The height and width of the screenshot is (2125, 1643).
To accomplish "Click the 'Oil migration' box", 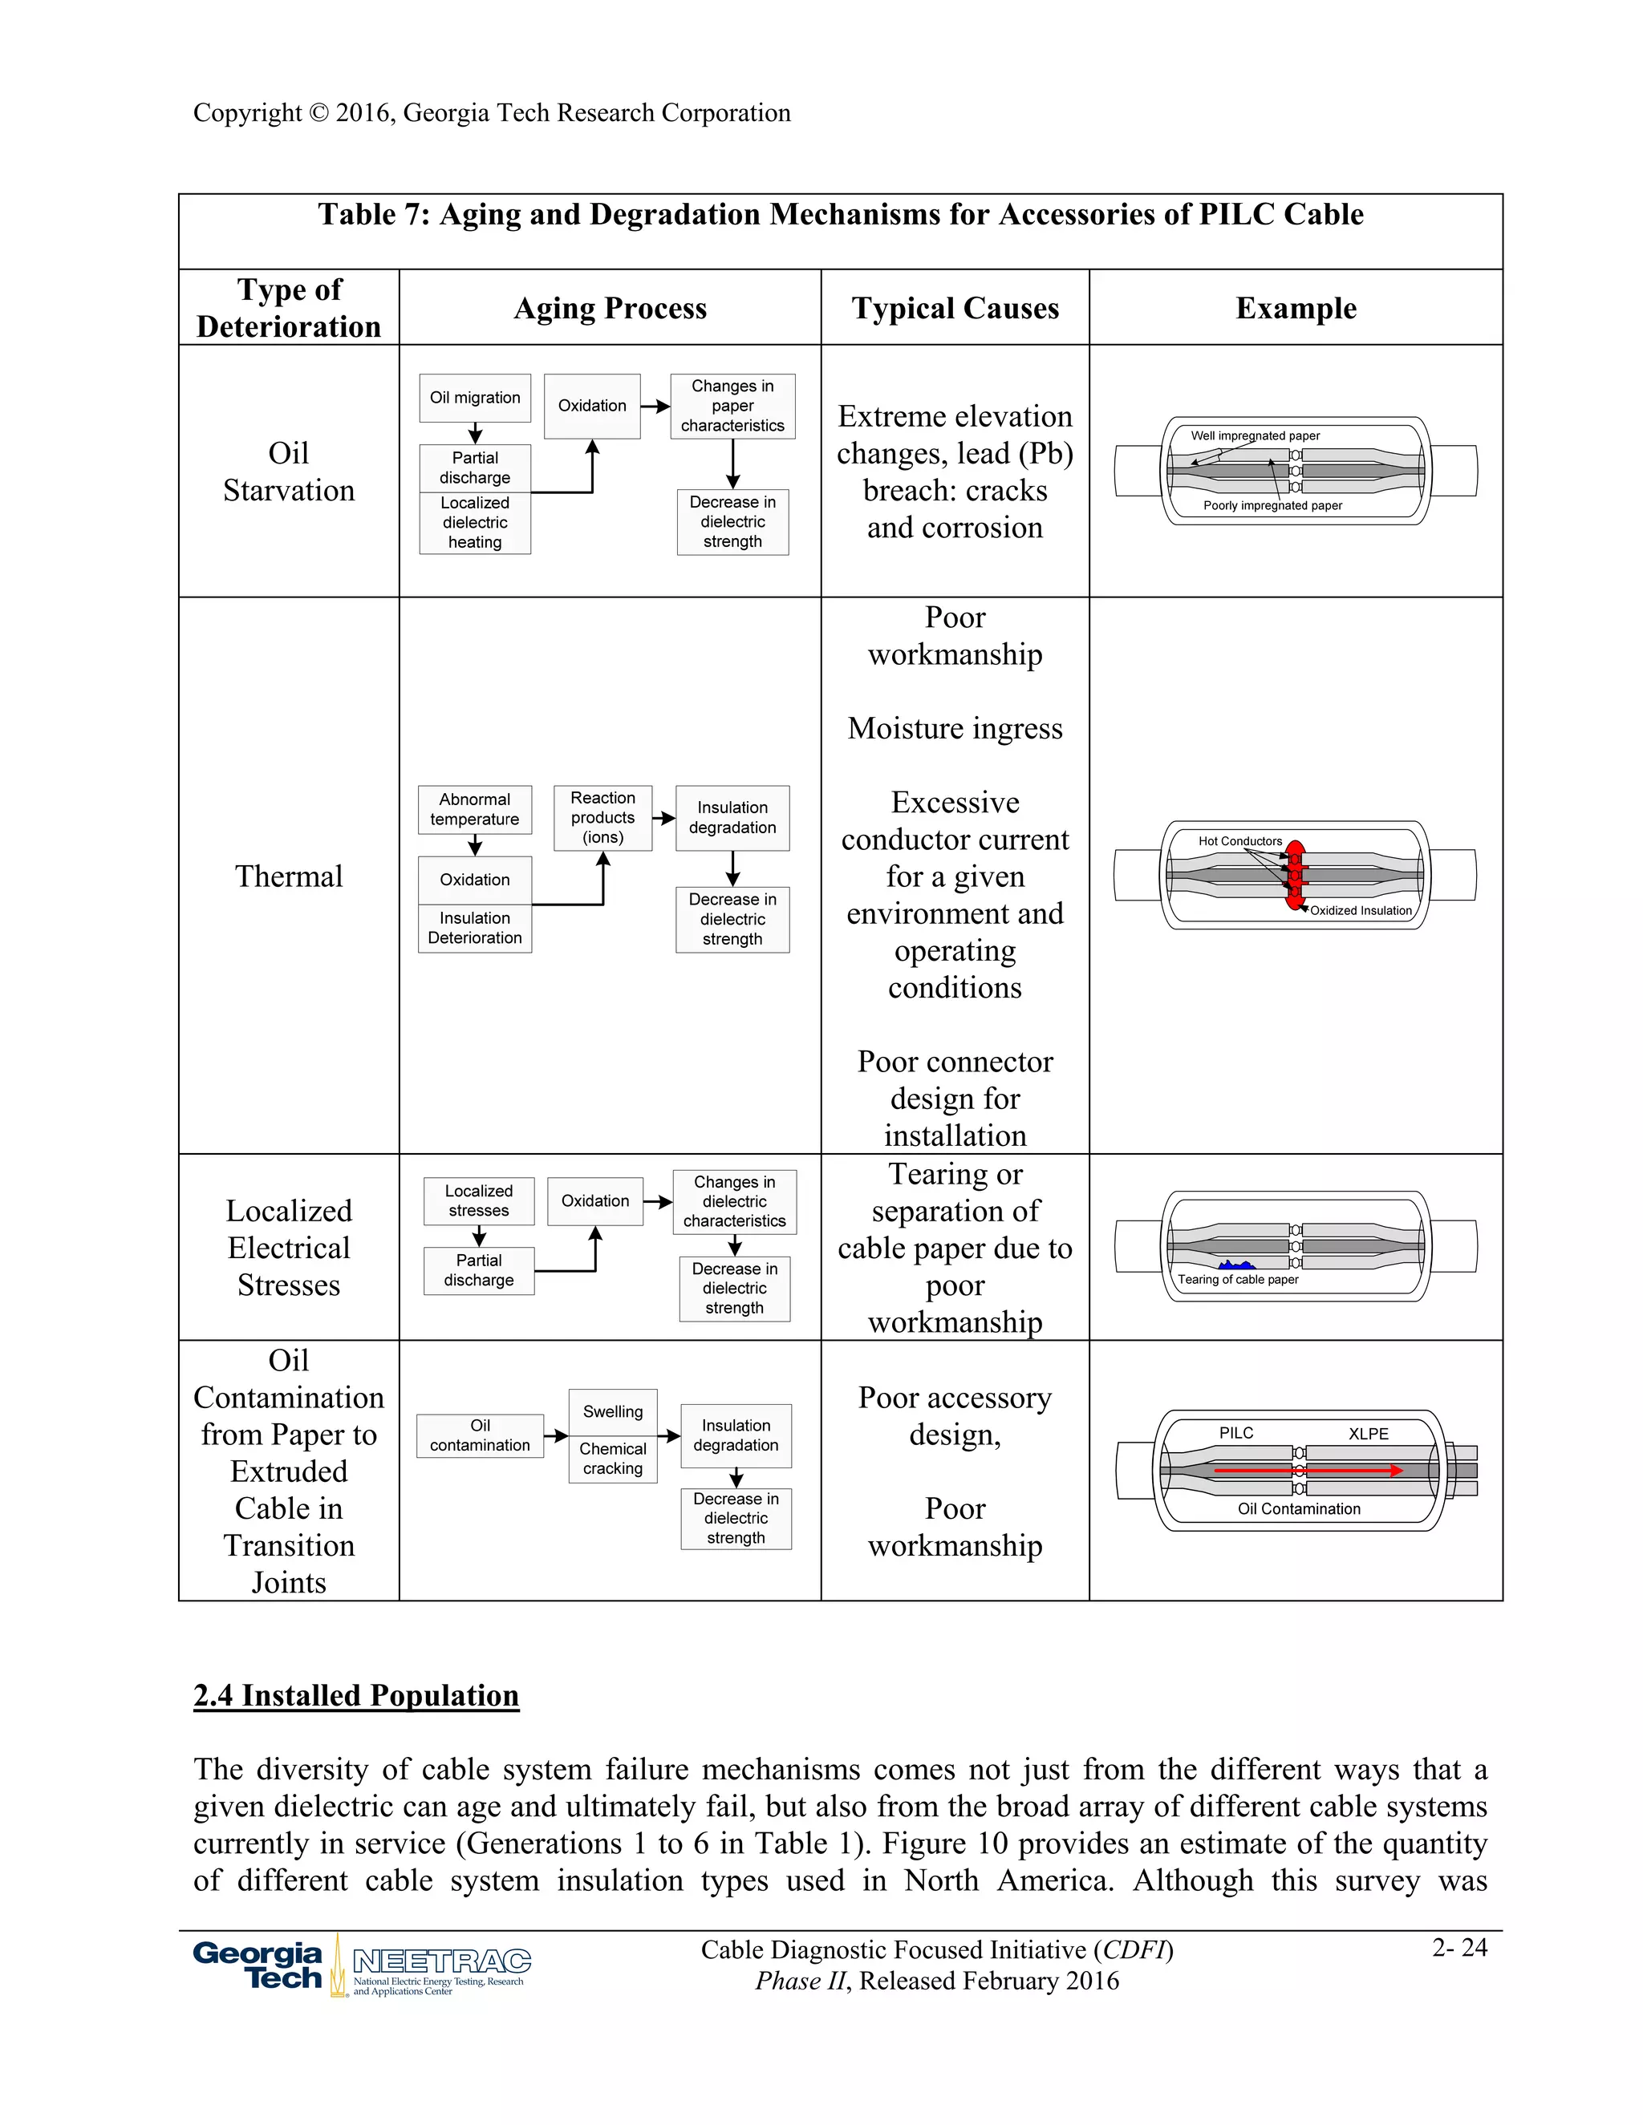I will pos(475,398).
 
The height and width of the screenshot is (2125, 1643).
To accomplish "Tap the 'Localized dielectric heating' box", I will pos(475,523).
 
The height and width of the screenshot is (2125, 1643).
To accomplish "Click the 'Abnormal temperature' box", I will pos(475,808).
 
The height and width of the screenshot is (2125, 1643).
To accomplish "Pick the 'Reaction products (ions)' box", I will pos(602,817).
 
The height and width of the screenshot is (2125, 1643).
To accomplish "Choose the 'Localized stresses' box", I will pos(479,1200).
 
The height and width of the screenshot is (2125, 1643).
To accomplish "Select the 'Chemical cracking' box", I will pos(612,1459).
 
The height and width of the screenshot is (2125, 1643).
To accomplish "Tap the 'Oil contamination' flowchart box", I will pos(480,1435).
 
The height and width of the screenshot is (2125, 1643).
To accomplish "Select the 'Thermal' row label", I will pos(289,876).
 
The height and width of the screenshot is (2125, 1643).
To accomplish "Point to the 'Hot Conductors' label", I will pos(1240,840).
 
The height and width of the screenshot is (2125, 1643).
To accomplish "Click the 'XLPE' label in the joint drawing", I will pos(1368,1433).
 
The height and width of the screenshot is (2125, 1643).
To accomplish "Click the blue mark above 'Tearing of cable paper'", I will pos(1235,1265).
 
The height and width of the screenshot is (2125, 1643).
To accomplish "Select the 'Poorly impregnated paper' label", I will pos(1272,505).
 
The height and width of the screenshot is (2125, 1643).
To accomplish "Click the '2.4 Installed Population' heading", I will pos(356,1695).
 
